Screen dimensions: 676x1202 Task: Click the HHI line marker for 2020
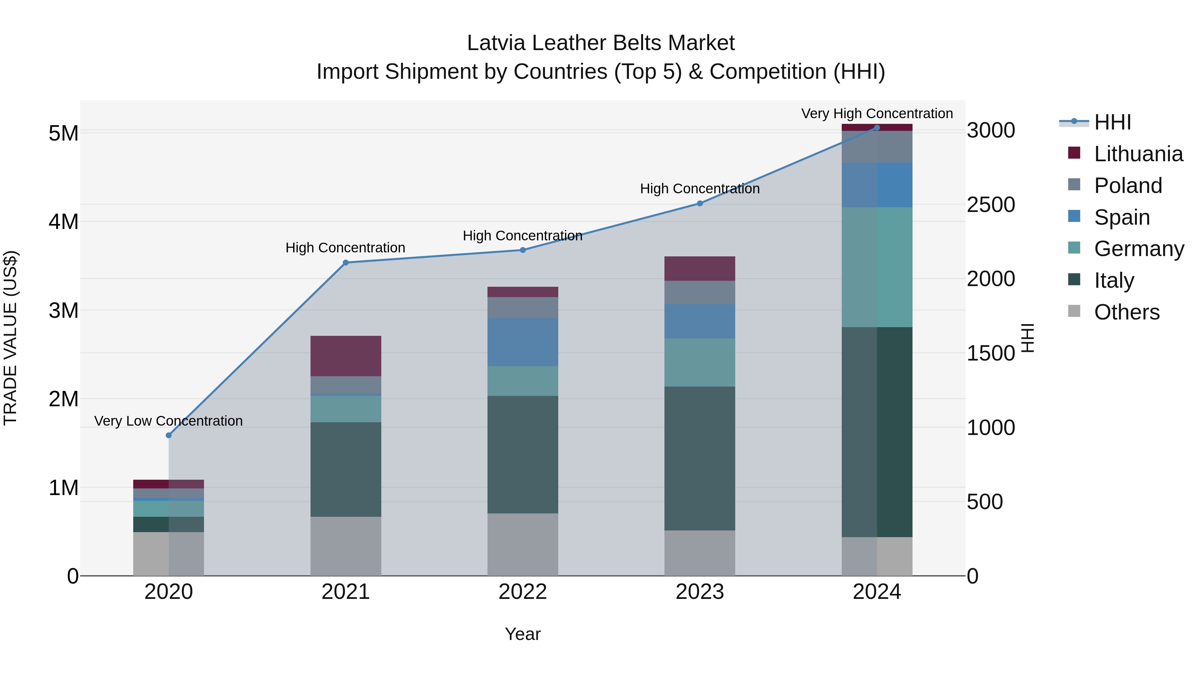point(169,435)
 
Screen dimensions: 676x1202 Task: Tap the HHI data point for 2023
point(699,203)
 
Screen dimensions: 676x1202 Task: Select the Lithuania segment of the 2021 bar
point(346,356)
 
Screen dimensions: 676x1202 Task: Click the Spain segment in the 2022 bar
point(523,342)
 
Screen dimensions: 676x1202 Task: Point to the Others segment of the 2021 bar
point(346,546)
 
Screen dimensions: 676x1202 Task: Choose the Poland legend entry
point(1127,185)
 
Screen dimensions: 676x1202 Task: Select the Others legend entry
point(1127,312)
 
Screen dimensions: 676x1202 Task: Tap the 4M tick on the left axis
point(63,222)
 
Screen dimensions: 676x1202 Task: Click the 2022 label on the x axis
point(523,592)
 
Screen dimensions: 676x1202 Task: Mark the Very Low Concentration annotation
point(169,421)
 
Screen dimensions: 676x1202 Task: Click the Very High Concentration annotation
point(877,114)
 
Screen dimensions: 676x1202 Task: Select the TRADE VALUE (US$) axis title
point(11,338)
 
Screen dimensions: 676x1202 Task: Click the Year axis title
point(523,634)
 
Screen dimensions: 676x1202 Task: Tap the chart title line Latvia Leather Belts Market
point(601,43)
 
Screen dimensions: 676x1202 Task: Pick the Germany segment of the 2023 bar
point(699,363)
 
